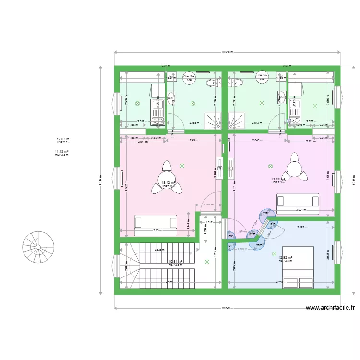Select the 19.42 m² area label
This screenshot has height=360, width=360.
click(168, 183)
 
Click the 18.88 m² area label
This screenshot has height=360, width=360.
click(278, 180)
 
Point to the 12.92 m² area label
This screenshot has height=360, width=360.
click(285, 258)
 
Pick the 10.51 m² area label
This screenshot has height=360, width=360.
click(176, 262)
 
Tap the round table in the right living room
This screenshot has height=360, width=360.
click(293, 168)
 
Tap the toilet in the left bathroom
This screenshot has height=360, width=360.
click(211, 84)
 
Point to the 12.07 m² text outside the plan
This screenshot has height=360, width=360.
click(63, 139)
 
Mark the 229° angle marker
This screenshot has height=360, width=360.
click(265, 213)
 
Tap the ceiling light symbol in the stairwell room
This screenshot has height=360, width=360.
click(207, 262)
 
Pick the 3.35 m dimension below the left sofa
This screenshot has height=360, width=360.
click(156, 230)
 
